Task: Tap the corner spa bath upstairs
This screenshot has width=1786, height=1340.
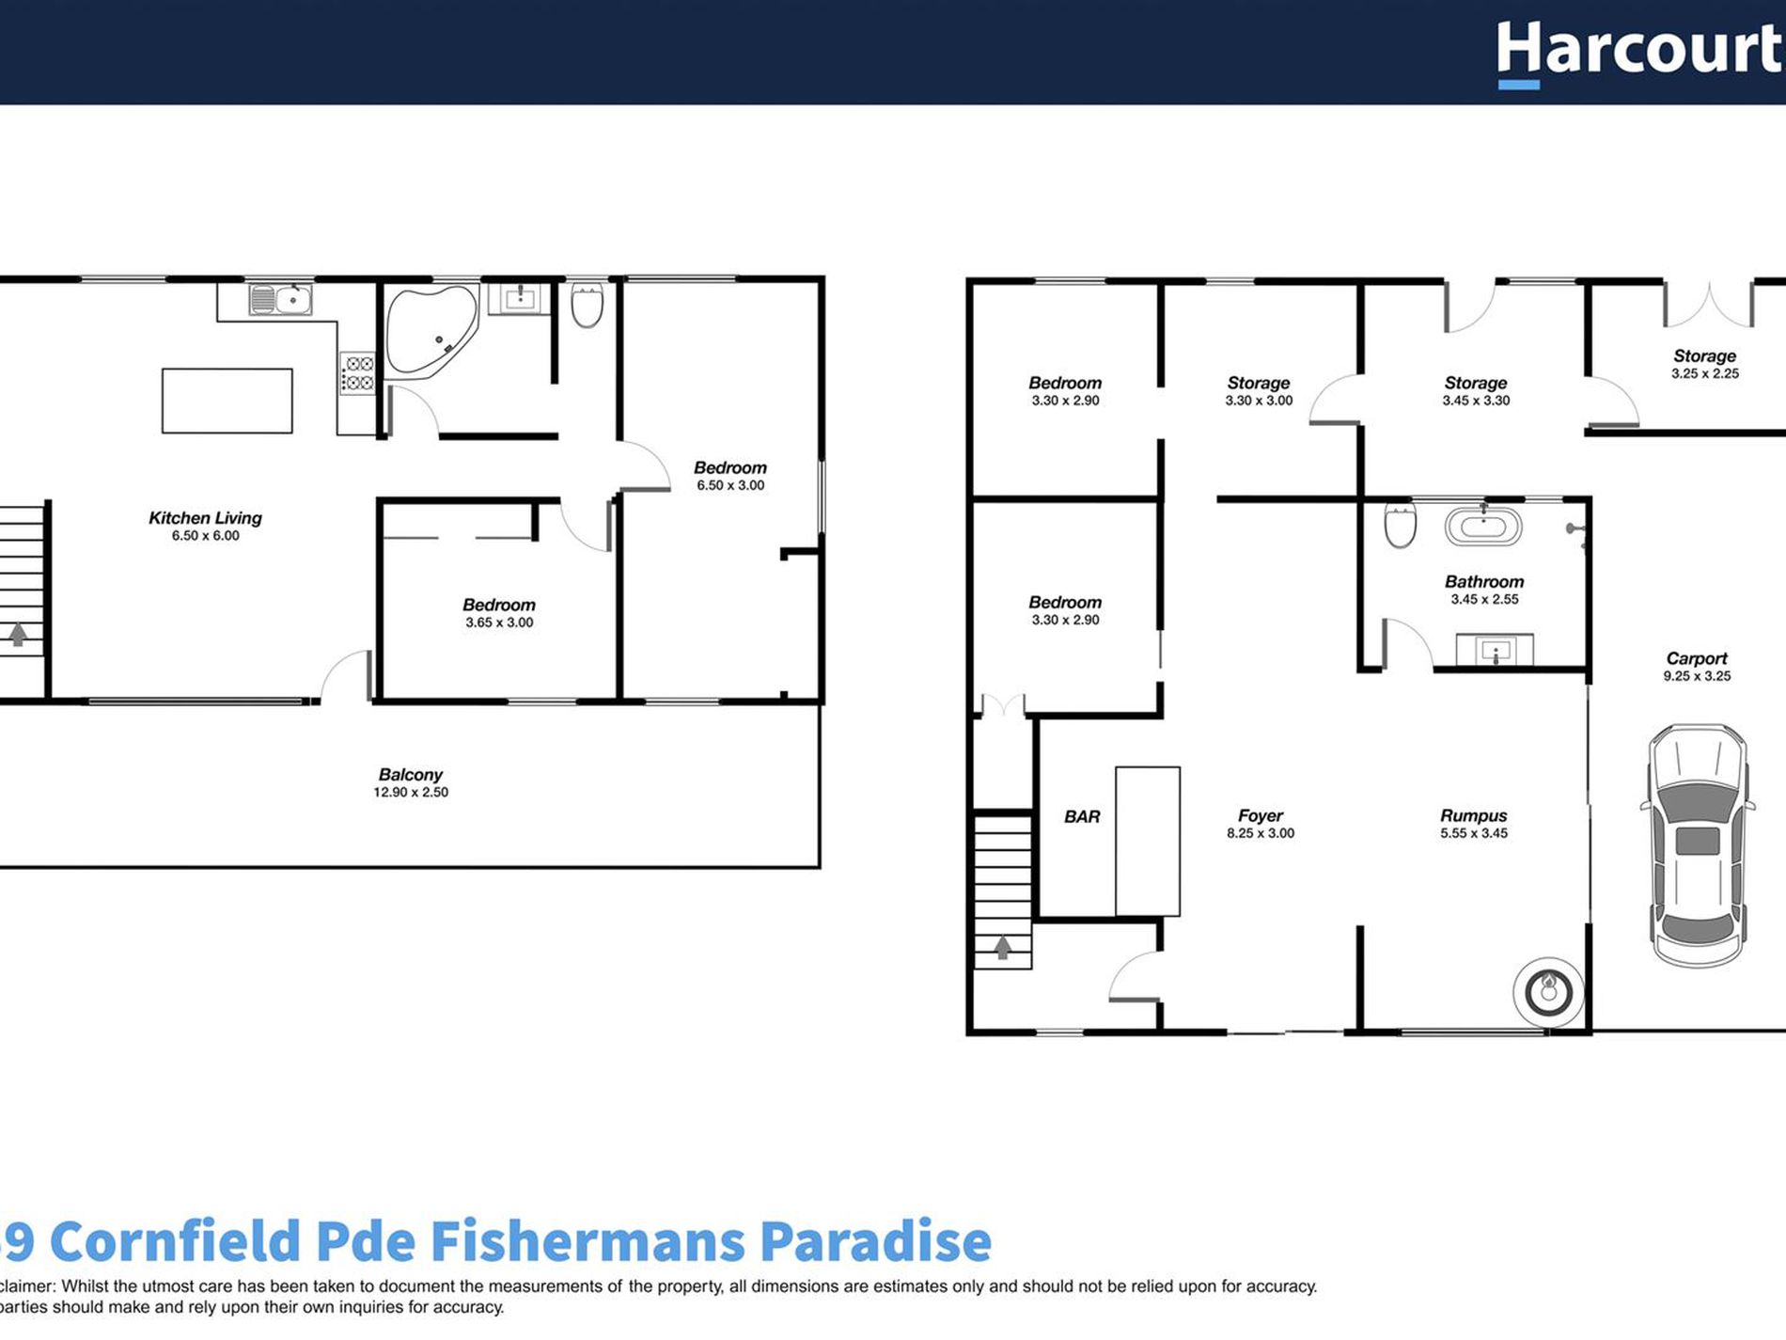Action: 430,329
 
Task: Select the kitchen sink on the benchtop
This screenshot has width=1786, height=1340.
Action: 280,300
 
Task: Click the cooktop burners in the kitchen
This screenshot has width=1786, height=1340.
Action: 357,373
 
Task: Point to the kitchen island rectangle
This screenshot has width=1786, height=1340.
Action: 227,401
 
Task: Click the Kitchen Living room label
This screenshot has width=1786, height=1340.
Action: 205,518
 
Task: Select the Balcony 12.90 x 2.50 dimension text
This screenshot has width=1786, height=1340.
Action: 411,793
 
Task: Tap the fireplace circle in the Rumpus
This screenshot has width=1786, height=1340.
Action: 1548,990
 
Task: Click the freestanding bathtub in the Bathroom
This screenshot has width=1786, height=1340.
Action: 1482,527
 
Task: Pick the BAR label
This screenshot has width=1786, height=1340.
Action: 1082,817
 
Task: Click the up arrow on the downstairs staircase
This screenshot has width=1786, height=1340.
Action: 1002,947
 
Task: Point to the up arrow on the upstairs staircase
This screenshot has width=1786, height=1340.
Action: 18,635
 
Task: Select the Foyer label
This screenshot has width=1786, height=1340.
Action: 1260,816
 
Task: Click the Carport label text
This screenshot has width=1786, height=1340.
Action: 1697,659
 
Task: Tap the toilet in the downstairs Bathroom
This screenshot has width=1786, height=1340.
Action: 1400,526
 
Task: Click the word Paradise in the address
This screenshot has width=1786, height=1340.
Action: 875,1241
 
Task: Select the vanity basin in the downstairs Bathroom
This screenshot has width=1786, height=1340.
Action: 1495,650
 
